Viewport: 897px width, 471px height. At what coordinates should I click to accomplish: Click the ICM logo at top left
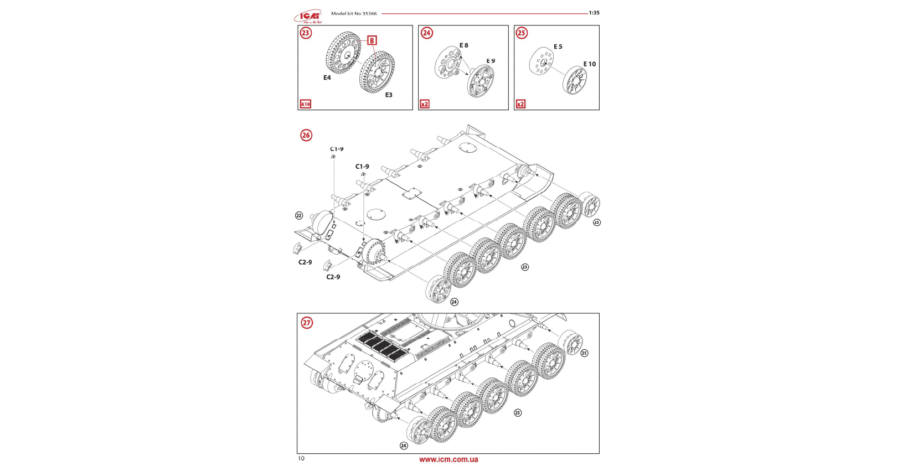(308, 17)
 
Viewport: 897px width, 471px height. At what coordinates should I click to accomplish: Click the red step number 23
(306, 33)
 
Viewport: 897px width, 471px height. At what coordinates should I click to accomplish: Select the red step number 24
(426, 33)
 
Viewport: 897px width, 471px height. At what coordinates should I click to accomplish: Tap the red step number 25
(522, 33)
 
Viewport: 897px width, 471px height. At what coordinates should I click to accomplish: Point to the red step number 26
(306, 135)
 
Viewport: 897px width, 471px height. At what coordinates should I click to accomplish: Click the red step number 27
(306, 323)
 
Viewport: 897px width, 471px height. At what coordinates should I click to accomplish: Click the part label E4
(327, 78)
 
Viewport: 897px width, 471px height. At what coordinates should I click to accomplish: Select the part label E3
(389, 95)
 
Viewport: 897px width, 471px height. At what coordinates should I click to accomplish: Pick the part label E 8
(464, 45)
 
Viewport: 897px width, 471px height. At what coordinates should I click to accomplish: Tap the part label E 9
(491, 61)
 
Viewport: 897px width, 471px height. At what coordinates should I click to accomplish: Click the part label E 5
(558, 47)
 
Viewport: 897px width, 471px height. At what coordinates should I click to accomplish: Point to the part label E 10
(590, 64)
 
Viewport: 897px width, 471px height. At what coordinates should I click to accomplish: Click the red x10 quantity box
(306, 104)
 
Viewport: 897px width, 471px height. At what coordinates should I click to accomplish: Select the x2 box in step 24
(425, 104)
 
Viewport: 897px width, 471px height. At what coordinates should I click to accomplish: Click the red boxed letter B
(372, 40)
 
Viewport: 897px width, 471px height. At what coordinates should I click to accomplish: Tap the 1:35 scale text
(594, 13)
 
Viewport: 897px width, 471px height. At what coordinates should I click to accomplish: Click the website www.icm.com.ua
(448, 459)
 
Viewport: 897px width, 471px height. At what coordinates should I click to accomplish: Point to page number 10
(301, 458)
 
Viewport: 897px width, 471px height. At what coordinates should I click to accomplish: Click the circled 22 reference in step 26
(299, 216)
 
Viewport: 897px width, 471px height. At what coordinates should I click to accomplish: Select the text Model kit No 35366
(354, 14)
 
